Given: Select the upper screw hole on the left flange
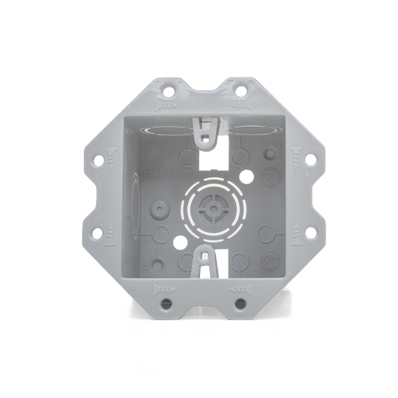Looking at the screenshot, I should (98, 160).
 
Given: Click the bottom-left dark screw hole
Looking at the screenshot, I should (166, 302).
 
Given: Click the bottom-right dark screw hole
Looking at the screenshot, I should (241, 302).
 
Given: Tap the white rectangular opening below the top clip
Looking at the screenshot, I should (212, 158).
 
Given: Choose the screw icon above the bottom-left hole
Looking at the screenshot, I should (167, 288).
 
